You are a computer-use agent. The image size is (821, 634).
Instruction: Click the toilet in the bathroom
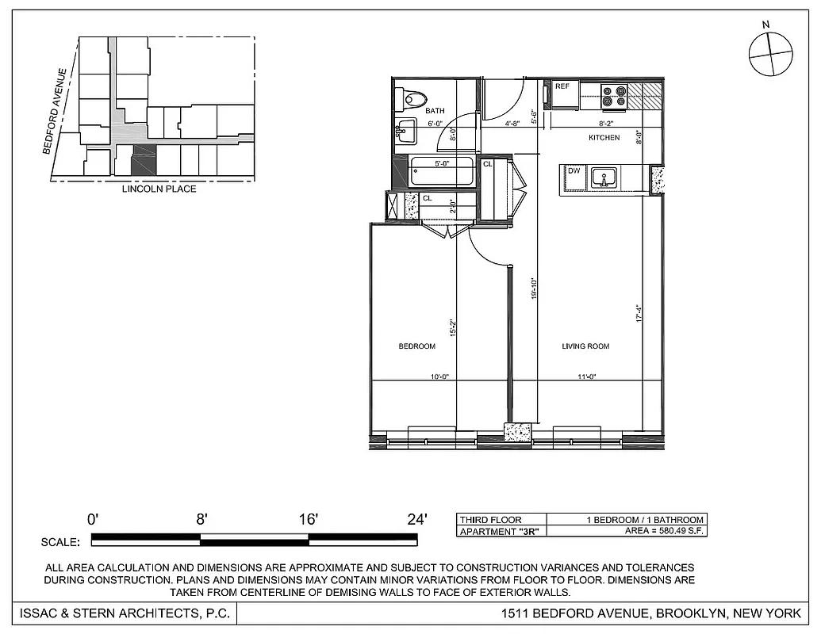[412, 98]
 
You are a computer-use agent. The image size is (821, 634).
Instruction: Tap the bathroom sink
[405, 132]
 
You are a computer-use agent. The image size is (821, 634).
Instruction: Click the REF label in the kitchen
[562, 86]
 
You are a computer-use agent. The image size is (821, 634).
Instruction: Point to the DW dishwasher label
[574, 170]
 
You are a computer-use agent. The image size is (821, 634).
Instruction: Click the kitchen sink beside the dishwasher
[604, 179]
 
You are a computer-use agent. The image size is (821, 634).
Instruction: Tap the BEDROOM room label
[416, 346]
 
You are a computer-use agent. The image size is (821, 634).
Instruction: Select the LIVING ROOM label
[585, 346]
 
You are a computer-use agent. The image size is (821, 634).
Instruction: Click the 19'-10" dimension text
[535, 288]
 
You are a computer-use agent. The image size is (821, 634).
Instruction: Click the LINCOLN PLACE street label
[159, 189]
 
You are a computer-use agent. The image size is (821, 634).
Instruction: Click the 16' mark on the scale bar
[309, 520]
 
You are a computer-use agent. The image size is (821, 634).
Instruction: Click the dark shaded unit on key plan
[144, 161]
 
